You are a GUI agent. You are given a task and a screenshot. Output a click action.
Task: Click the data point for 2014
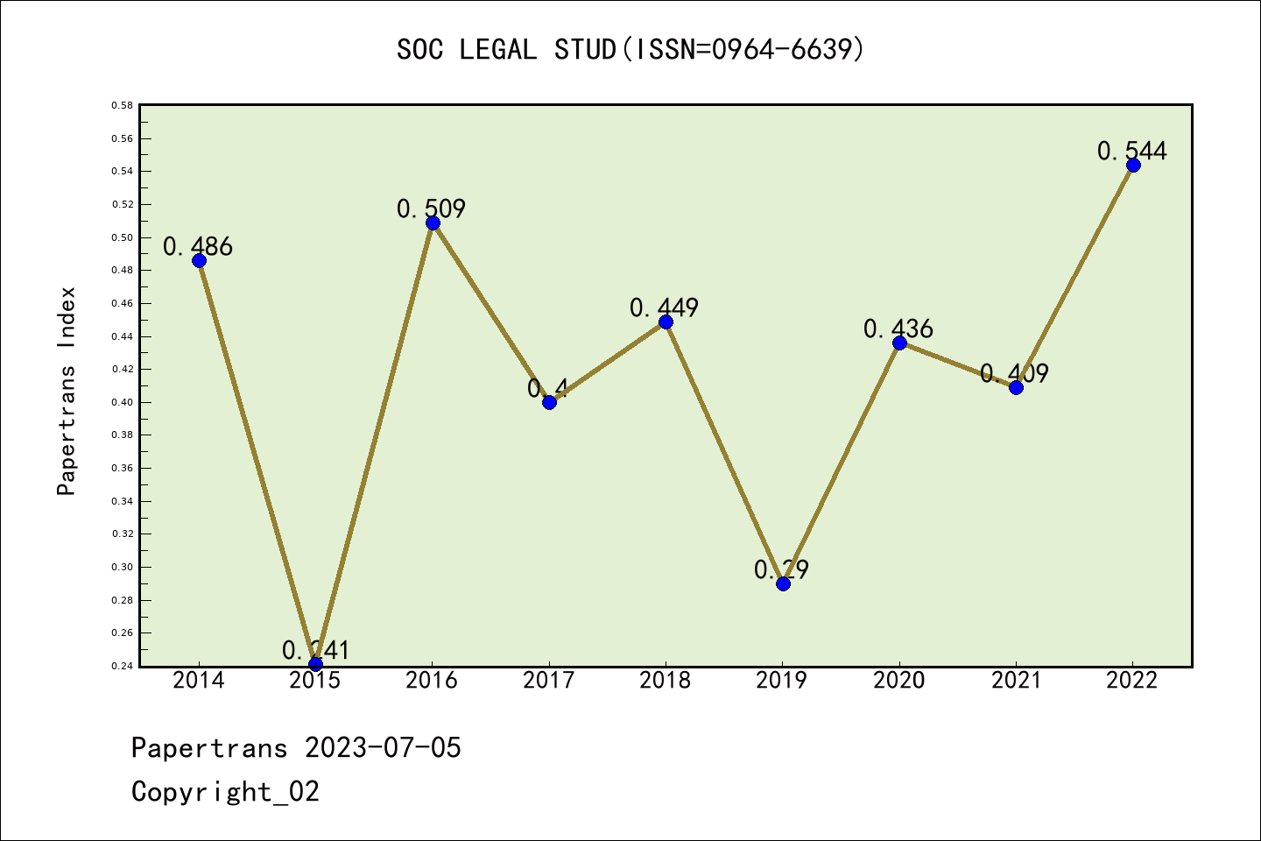[x=199, y=260]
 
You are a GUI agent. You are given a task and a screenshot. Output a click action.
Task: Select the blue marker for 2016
[x=433, y=223]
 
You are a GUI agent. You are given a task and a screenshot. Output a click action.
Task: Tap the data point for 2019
[x=783, y=583]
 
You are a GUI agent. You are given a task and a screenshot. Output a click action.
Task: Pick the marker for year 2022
[x=1133, y=165]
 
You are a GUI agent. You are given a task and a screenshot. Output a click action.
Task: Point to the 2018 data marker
[x=666, y=322]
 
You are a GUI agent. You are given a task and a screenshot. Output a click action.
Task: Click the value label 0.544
[x=1131, y=151]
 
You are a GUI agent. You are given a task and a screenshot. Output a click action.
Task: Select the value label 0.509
[x=431, y=208]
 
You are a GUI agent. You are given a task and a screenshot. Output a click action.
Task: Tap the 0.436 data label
[x=898, y=329]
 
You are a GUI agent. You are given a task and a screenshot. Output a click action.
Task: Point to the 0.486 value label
[x=198, y=246]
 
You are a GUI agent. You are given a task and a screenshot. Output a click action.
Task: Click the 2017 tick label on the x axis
[x=548, y=681]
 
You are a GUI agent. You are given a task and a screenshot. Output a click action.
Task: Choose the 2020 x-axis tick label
[x=898, y=681]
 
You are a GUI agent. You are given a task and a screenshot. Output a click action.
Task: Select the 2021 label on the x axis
[x=1016, y=681]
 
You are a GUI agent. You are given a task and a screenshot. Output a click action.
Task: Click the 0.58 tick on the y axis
[x=122, y=105]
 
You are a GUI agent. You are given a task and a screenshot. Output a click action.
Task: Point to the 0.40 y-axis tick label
[x=122, y=402]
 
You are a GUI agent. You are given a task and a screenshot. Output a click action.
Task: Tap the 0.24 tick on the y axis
[x=122, y=666]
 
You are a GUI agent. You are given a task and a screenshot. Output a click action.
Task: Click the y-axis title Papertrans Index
[x=67, y=391]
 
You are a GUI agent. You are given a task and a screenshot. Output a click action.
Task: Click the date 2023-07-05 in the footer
[x=383, y=747]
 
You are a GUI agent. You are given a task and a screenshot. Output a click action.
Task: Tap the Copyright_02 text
[x=225, y=791]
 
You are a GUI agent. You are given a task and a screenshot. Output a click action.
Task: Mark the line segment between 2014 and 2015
[x=257, y=463]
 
